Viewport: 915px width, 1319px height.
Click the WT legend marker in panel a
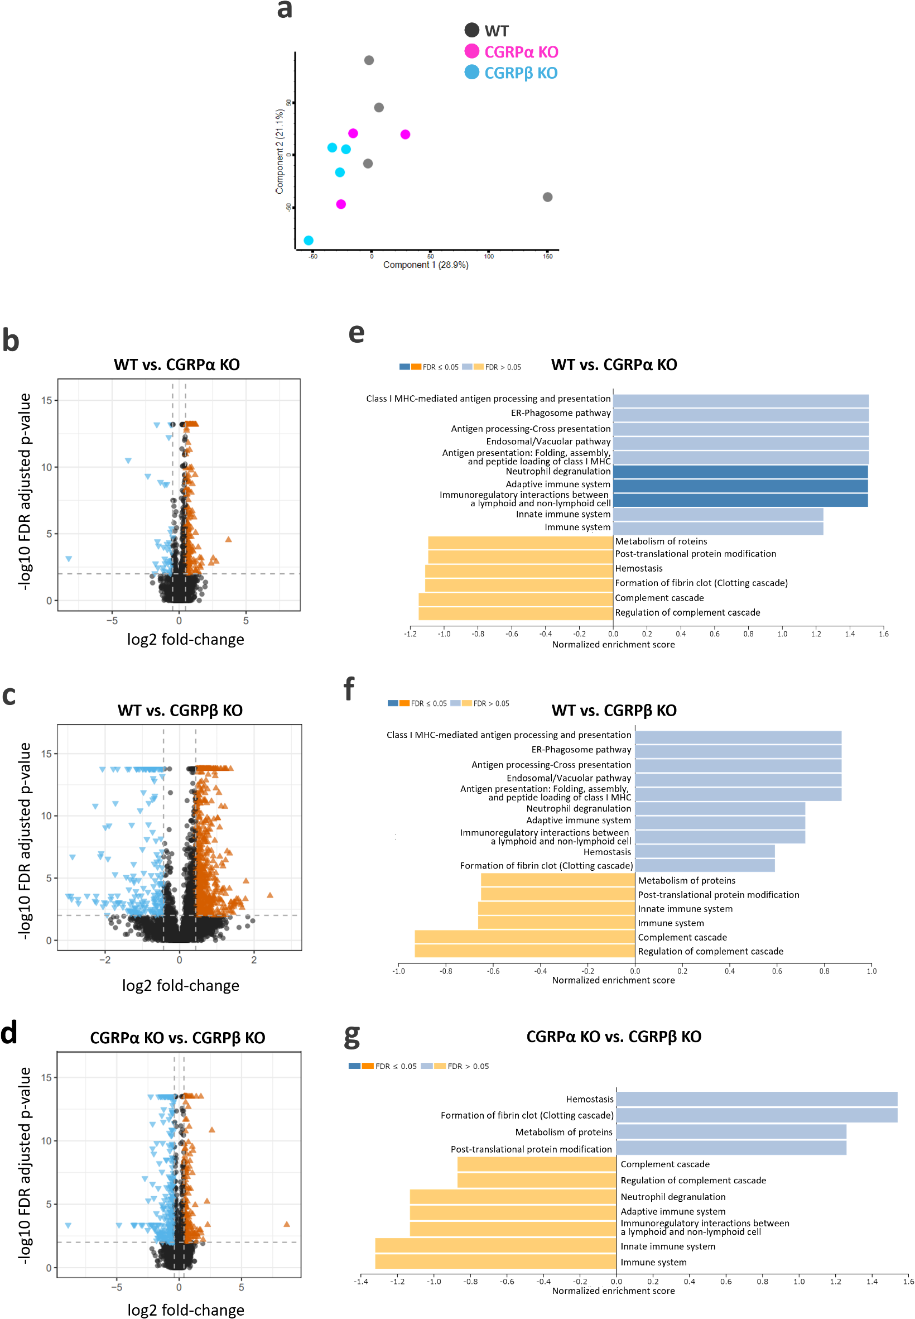pos(471,30)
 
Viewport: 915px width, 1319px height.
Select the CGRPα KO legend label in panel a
pos(521,52)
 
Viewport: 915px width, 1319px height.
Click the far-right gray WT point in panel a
pos(547,197)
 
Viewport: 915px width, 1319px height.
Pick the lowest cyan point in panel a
pos(309,240)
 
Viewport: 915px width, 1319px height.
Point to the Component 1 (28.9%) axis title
pos(425,265)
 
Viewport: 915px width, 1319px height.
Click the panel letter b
pos(11,340)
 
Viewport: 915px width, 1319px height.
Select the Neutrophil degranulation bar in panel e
pos(740,472)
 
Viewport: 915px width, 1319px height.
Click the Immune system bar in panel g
pos(495,1262)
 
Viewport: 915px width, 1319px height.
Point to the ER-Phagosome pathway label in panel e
pos(561,413)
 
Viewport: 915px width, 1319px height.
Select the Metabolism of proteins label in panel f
pos(686,880)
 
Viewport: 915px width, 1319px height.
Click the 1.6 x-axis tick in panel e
pos(883,634)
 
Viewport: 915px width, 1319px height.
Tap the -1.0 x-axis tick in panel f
pos(398,971)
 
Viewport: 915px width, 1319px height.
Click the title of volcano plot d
pos(178,1038)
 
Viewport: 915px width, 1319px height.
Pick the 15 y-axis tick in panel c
pos(47,754)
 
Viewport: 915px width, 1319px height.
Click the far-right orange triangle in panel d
pos(287,1224)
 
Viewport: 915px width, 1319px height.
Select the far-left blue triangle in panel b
pos(69,559)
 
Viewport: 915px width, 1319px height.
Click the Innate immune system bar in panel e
pos(718,515)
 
